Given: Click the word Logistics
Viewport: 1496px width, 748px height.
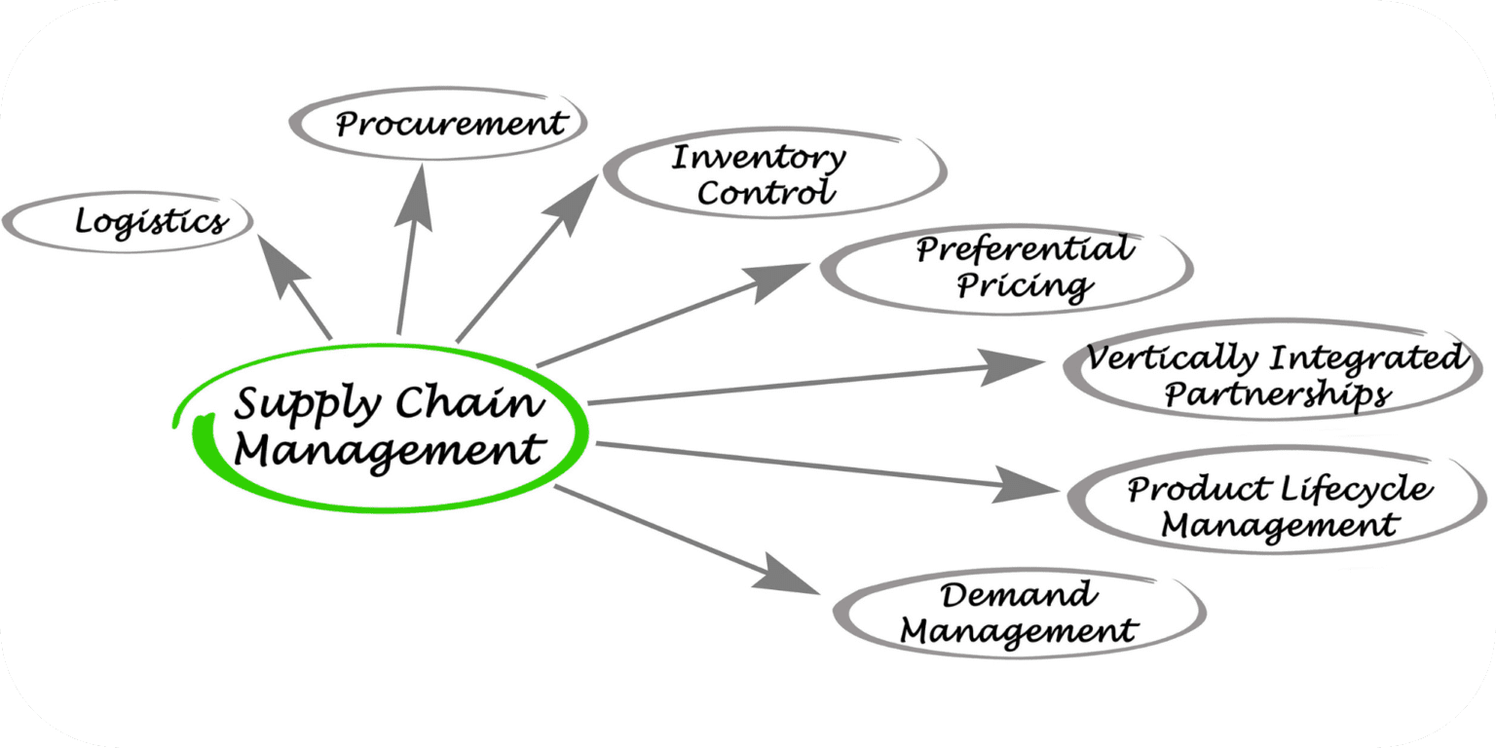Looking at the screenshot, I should coord(151,222).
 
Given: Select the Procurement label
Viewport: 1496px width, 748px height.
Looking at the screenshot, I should coord(450,125).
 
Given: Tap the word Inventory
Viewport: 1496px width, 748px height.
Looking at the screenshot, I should coord(759,157).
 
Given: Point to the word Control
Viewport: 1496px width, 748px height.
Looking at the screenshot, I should coord(767,192).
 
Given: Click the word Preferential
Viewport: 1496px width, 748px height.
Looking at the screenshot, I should coord(1024,250).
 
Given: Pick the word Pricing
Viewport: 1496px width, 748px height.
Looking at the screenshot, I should coord(1023,285).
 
